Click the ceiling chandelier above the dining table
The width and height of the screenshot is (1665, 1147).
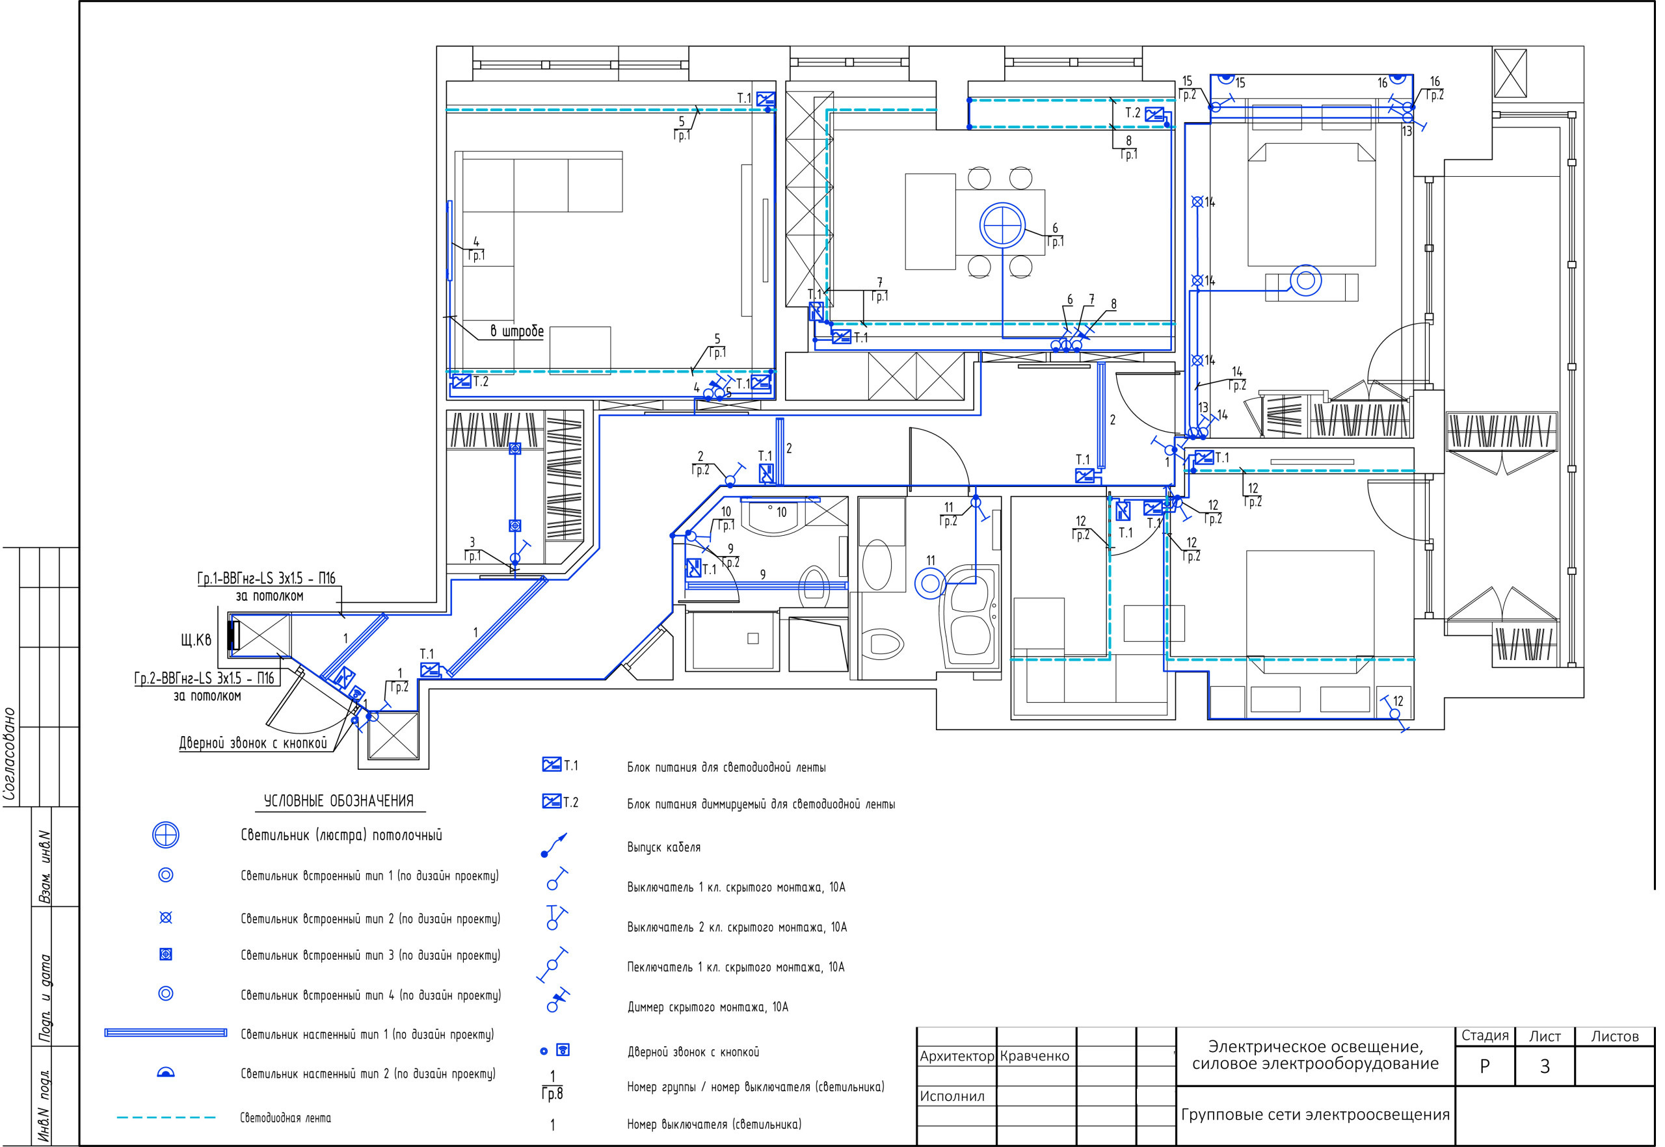tap(1002, 226)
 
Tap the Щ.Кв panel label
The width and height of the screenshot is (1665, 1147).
tap(196, 640)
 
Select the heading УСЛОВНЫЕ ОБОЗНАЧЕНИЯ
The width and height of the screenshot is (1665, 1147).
tap(339, 801)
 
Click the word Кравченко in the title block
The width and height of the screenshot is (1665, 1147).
tap(1035, 1056)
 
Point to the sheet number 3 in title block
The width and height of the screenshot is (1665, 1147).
tap(1544, 1066)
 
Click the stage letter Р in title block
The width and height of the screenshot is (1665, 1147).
tap(1485, 1066)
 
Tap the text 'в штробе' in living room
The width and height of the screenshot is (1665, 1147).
tap(517, 332)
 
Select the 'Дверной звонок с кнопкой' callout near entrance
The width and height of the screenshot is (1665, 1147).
tap(253, 743)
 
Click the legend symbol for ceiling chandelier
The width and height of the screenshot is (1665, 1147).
tap(165, 835)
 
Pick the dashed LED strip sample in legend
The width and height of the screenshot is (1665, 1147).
tap(166, 1118)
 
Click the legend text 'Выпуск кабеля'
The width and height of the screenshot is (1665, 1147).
tap(663, 847)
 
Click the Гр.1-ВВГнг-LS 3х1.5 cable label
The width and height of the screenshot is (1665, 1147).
tap(266, 579)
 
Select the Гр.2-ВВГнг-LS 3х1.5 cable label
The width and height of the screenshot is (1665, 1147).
tap(204, 678)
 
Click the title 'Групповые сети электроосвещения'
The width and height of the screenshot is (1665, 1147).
tap(1315, 1114)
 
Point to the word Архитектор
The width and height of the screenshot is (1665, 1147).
tap(957, 1057)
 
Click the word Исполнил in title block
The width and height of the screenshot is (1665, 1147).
tap(952, 1096)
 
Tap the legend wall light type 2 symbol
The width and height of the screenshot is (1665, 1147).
tap(165, 1073)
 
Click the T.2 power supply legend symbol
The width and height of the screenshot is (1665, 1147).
tap(552, 801)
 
